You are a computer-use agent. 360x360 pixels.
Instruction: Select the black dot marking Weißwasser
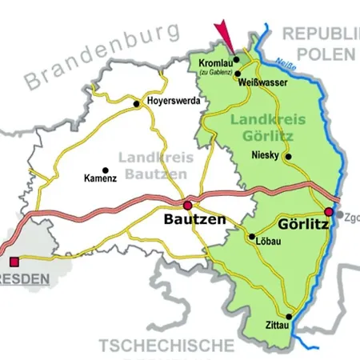238,74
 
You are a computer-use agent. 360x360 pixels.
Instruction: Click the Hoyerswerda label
174,102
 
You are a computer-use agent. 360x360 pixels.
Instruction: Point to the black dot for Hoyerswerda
137,102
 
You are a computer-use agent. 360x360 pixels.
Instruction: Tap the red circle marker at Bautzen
188,205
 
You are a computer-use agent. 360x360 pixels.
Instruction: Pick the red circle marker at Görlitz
329,211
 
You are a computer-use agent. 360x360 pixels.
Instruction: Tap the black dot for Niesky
288,157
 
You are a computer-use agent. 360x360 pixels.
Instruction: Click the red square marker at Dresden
14,261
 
